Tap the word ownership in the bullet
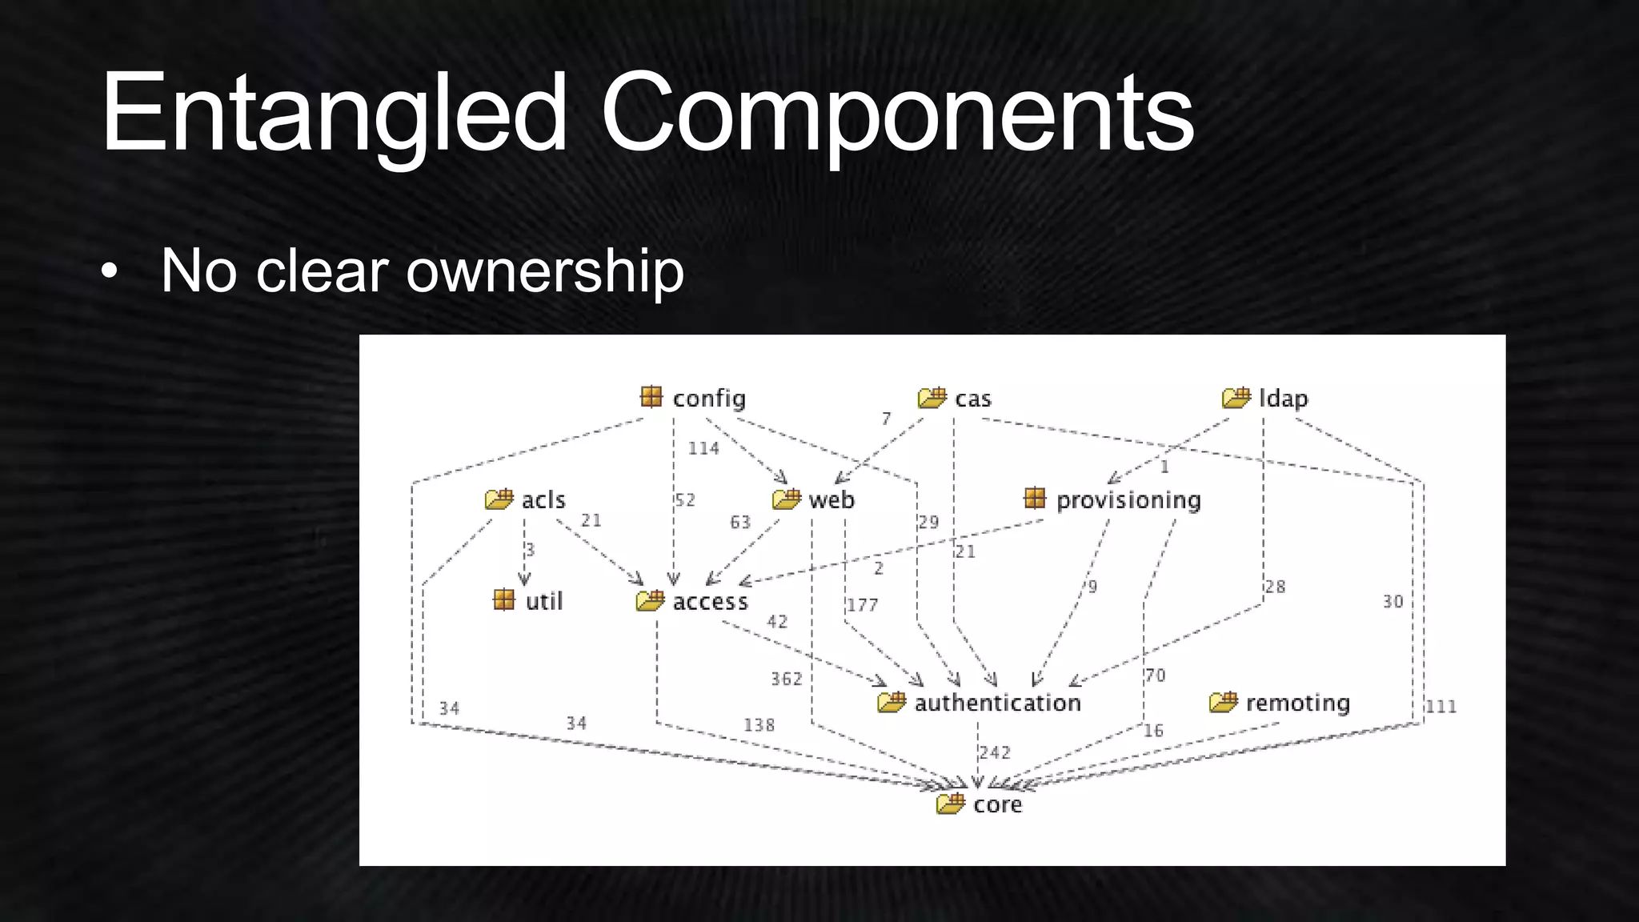pos(545,271)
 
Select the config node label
pos(709,399)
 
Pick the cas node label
pos(973,399)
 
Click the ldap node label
pos(1284,399)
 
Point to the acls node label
pos(543,500)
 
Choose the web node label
pos(832,500)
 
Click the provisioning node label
pos(1128,500)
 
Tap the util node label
pos(544,601)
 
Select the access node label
pos(711,602)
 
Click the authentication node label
pos(997,703)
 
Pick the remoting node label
pos(1297,703)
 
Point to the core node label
pos(998,804)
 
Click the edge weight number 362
pos(786,679)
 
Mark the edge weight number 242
pos(995,752)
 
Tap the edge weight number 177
pos(863,605)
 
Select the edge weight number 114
pos(703,448)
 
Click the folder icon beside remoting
pos(1224,702)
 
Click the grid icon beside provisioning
pos(1035,499)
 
